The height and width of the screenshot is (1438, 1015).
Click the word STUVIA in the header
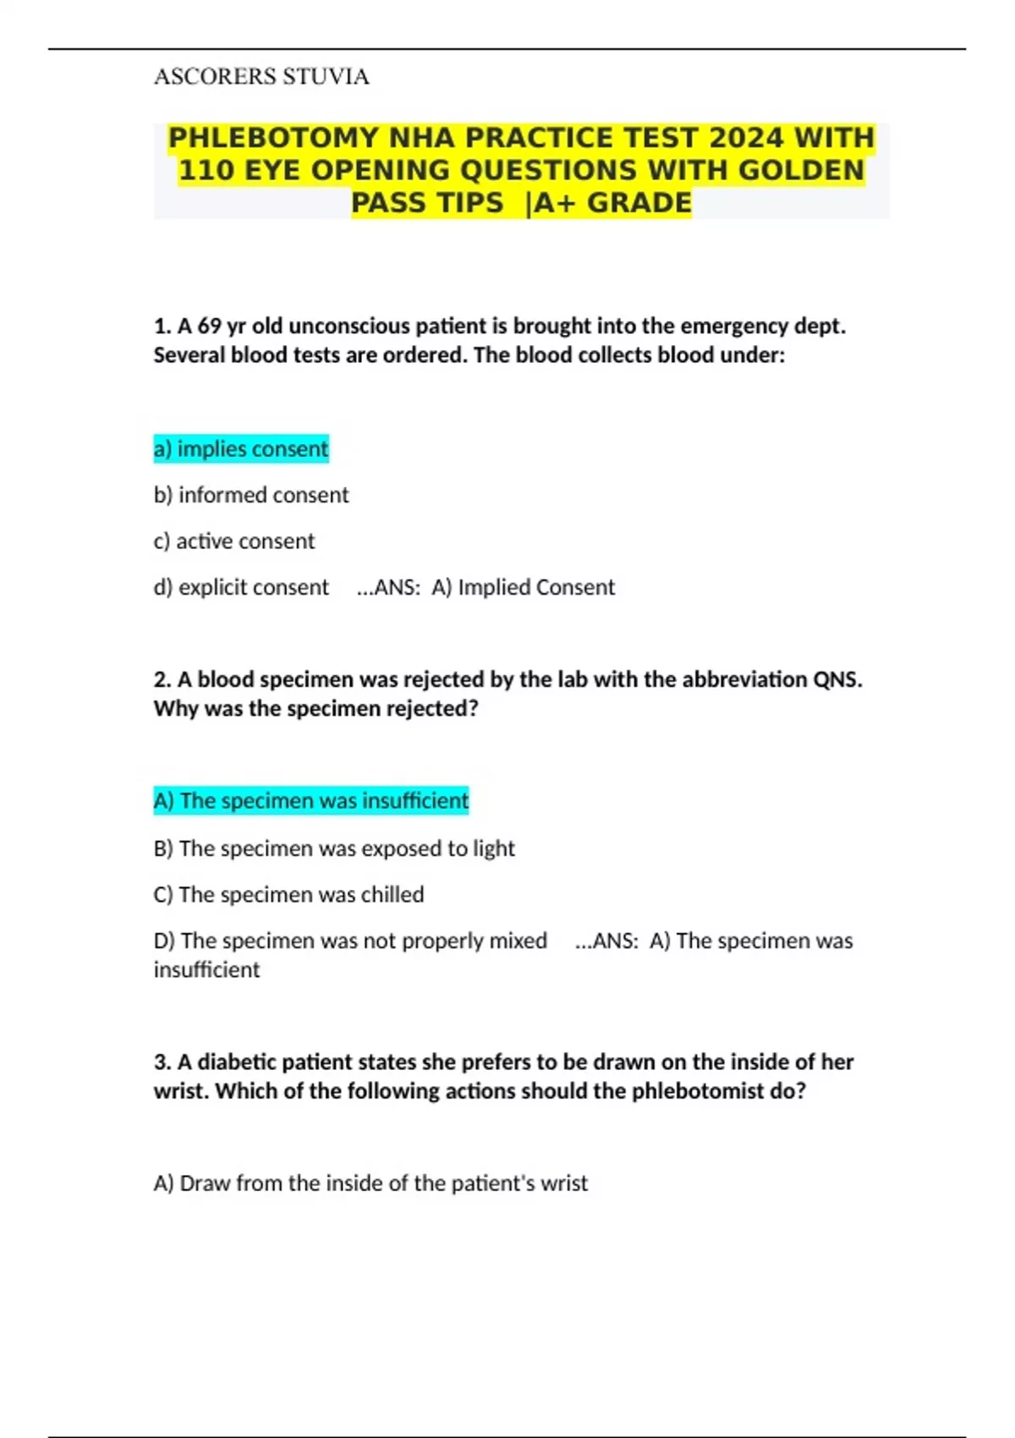(x=326, y=77)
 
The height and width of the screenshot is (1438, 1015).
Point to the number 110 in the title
(x=206, y=171)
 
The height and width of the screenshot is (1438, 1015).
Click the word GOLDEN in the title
(x=801, y=171)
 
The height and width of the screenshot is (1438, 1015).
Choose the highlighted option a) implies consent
(x=241, y=449)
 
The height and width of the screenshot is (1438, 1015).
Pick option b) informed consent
(x=251, y=495)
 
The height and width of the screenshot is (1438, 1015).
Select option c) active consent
(x=234, y=541)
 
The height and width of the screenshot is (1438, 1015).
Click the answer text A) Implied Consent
(x=524, y=587)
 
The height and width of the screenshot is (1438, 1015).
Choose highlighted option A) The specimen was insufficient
(x=311, y=801)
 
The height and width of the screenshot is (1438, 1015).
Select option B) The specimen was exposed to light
(x=334, y=848)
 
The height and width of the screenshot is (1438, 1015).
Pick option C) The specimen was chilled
(x=289, y=895)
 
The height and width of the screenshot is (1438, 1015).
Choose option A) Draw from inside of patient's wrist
(x=370, y=1183)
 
